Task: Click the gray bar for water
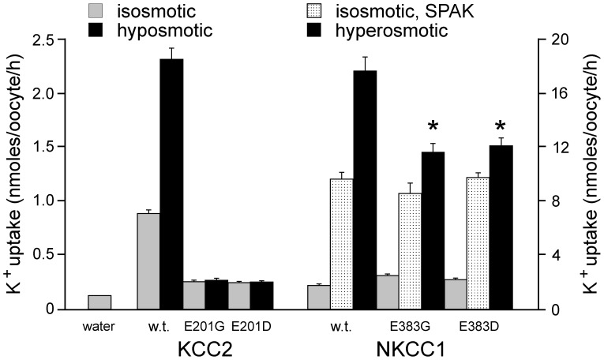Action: tap(99, 302)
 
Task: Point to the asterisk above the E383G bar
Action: tap(433, 127)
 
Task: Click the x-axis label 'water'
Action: tap(99, 323)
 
